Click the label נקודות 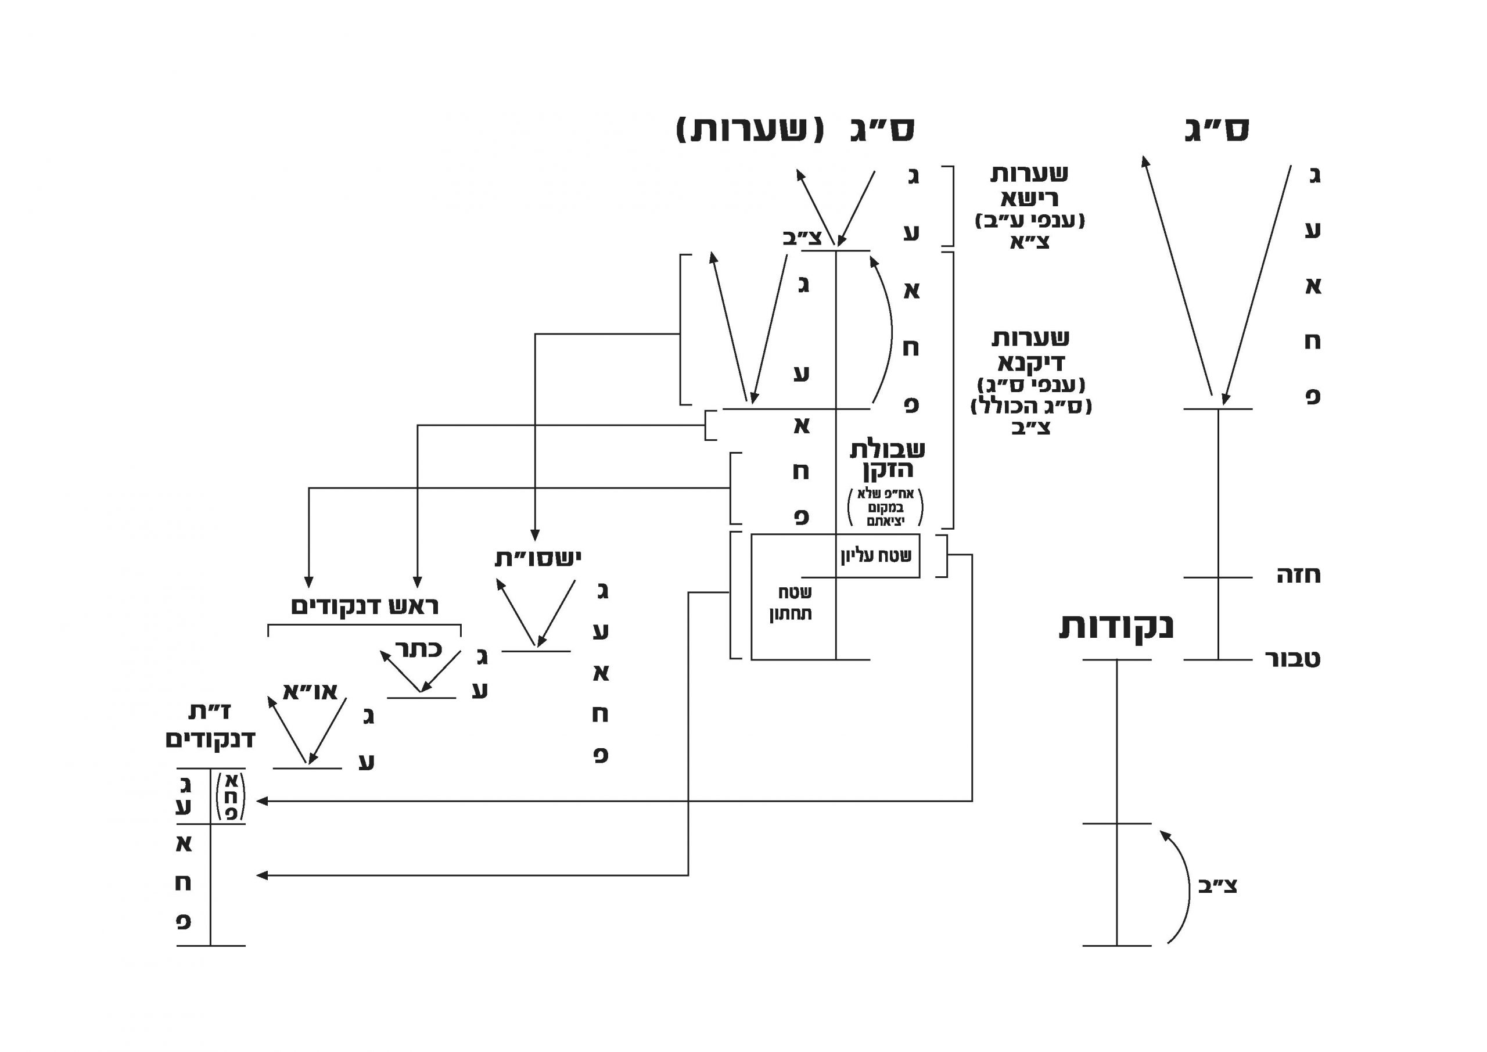coord(1116,626)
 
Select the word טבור coord(1293,659)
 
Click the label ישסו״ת coord(538,558)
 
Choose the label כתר coord(418,649)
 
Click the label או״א coord(310,692)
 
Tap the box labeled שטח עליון coord(877,556)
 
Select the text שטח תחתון coord(791,603)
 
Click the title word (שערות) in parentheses coord(750,130)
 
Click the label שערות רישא coord(1029,185)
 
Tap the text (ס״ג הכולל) coord(1031,407)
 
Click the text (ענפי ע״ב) coord(1030,221)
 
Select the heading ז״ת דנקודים coord(210,726)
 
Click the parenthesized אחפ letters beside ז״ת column coord(231,797)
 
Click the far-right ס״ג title coord(1216,130)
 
